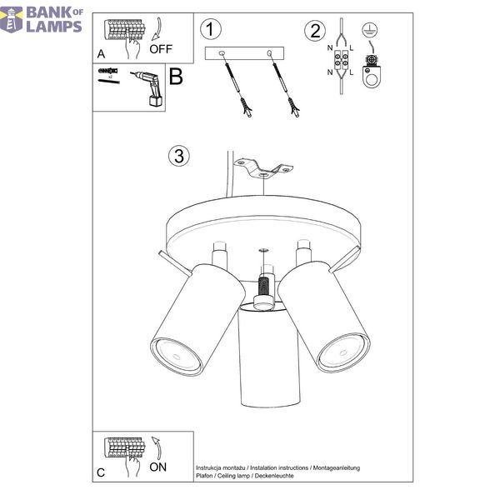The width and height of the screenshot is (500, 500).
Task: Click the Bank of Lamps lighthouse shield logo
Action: click(x=12, y=20)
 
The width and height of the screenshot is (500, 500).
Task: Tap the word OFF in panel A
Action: click(x=161, y=49)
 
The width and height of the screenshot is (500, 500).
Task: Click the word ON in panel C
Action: click(x=157, y=467)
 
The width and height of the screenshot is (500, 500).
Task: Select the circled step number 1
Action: click(x=211, y=30)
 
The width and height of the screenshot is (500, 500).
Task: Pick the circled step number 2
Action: click(x=315, y=31)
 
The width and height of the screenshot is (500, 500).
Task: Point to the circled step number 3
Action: click(x=178, y=156)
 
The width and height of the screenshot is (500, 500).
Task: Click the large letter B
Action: click(x=176, y=77)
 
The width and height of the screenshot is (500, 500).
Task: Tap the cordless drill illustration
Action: click(x=148, y=87)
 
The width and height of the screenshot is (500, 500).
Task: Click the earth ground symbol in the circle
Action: click(x=370, y=30)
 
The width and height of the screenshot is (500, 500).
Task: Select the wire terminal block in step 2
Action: click(x=341, y=60)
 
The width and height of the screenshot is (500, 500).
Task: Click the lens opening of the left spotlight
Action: click(x=176, y=356)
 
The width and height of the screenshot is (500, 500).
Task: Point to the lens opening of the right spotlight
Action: click(x=343, y=352)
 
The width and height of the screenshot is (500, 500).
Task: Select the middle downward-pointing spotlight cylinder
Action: click(x=270, y=354)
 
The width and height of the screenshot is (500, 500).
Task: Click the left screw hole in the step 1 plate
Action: click(x=222, y=53)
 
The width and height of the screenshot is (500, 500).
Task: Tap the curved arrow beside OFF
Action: click(x=157, y=30)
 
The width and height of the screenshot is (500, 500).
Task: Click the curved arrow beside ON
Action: click(x=157, y=448)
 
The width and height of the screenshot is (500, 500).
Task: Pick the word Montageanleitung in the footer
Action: click(x=337, y=467)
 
